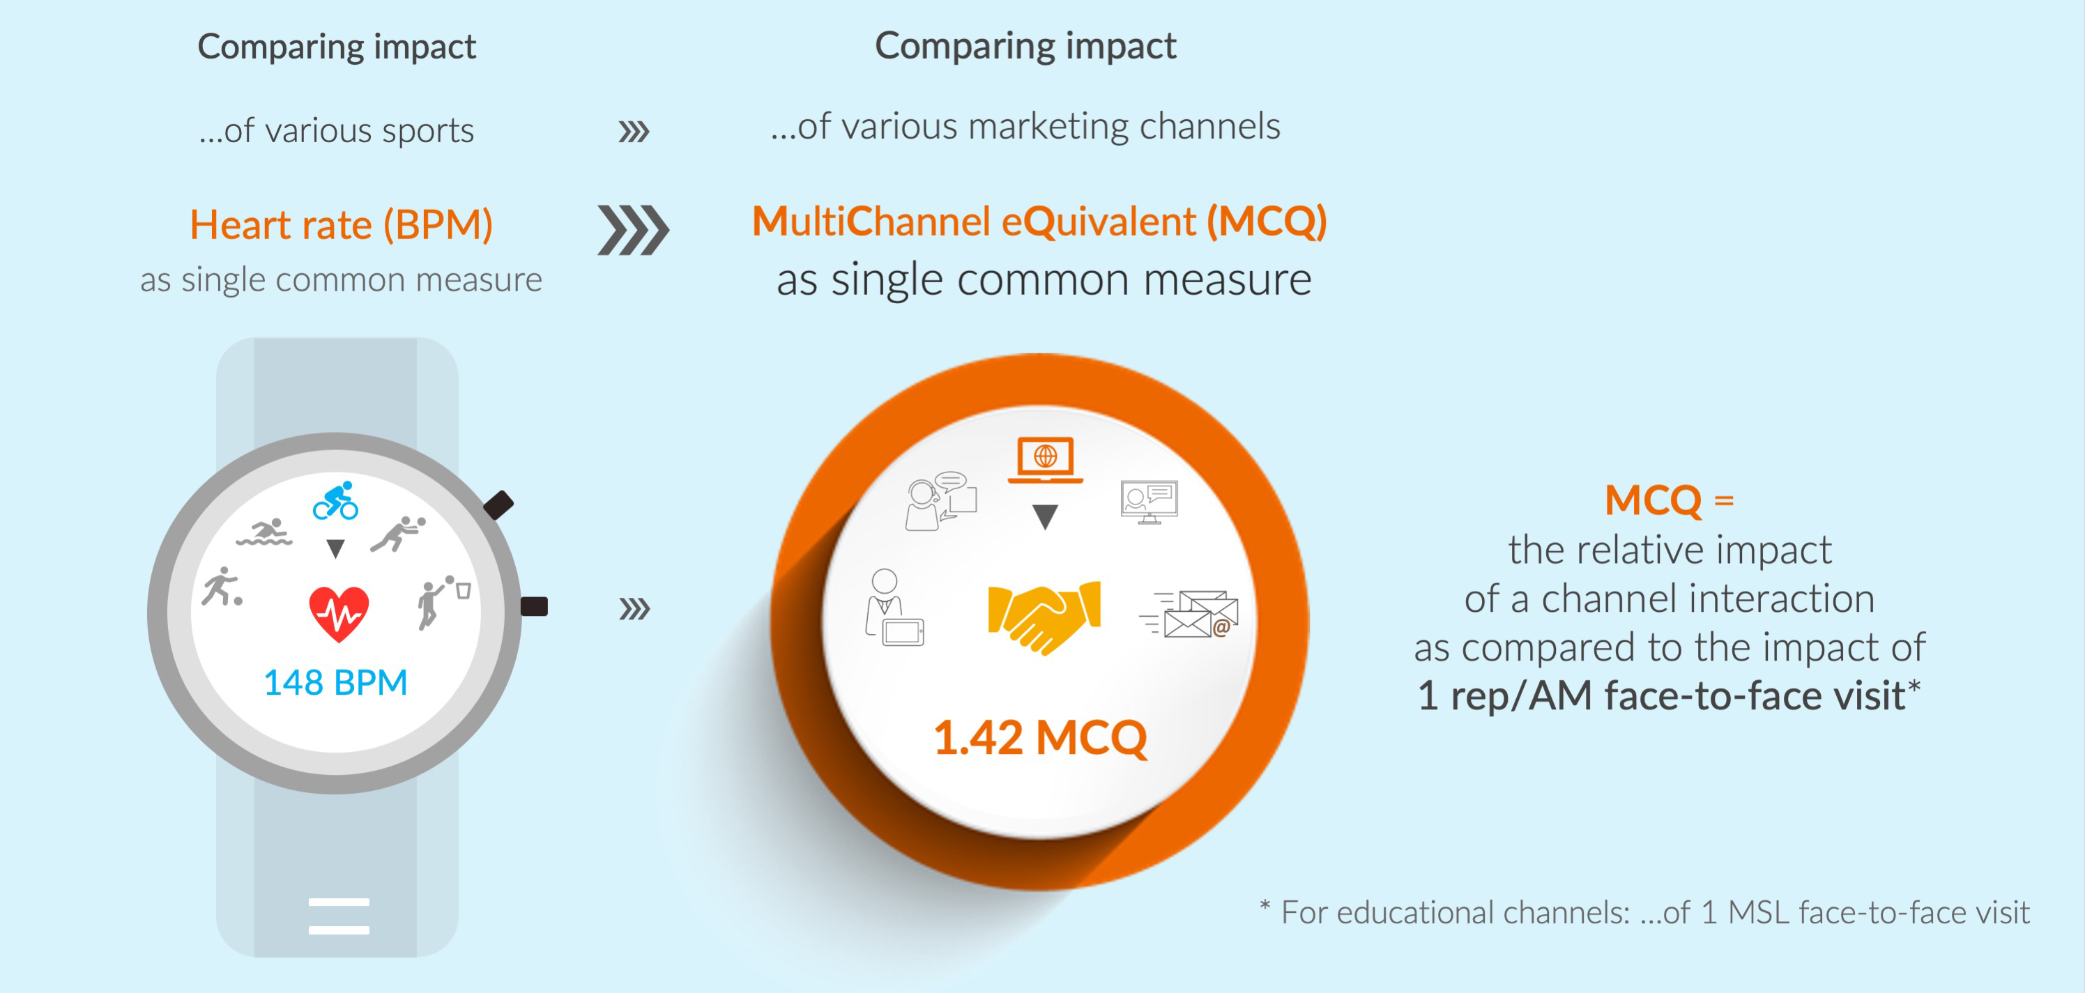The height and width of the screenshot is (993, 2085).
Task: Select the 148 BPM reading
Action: tap(335, 682)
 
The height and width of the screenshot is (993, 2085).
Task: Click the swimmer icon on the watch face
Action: tap(264, 532)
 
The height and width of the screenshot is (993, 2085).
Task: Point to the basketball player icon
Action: tap(443, 601)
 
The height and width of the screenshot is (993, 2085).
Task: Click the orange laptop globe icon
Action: tap(1045, 460)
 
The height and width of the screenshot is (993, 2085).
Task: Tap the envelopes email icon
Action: tap(1190, 613)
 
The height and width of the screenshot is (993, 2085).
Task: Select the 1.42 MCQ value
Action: tap(1040, 737)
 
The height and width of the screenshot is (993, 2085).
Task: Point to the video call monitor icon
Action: tap(1149, 502)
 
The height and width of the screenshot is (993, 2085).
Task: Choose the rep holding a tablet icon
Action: tap(894, 608)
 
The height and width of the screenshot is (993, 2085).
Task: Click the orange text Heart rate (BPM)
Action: tap(341, 225)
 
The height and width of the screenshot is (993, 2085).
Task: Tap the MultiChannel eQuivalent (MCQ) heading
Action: tap(1039, 222)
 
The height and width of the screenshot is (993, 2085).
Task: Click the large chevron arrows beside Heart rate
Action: tap(633, 230)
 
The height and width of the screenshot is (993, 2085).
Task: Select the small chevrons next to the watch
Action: tap(634, 608)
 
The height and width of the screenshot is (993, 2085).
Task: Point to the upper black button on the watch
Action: tap(498, 505)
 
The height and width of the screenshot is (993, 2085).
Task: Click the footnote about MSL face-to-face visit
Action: tap(1644, 912)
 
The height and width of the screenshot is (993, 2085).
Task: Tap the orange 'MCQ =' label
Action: tap(1669, 500)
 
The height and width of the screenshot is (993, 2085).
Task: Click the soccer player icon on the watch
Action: tap(221, 587)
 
